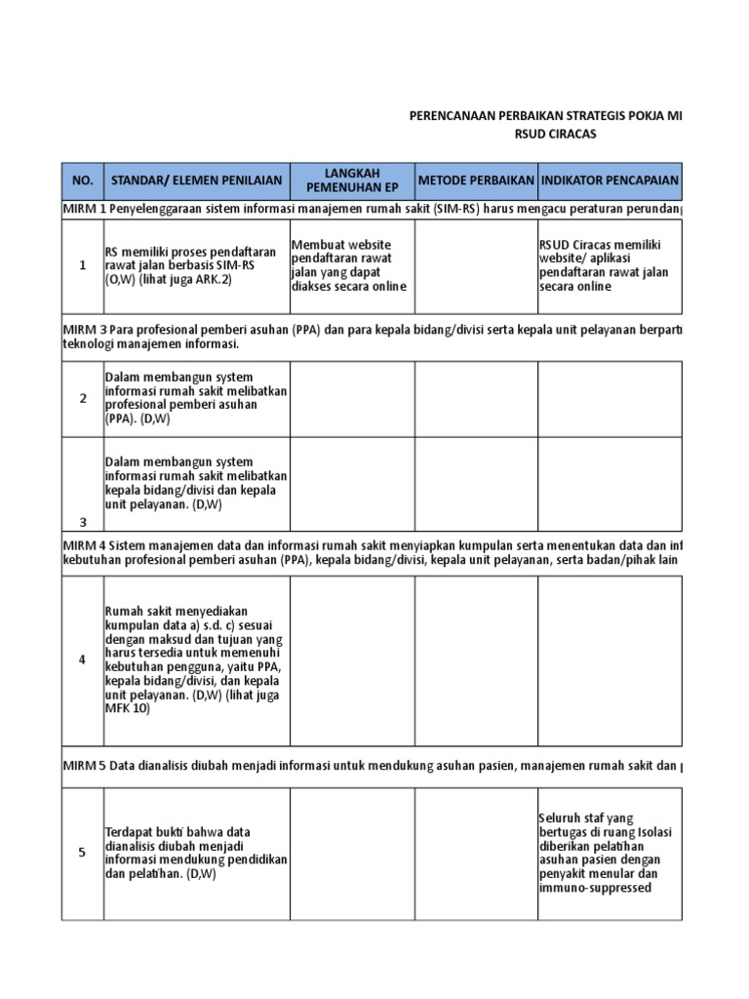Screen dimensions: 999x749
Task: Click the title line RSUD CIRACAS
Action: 554,134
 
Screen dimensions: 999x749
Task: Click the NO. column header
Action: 83,180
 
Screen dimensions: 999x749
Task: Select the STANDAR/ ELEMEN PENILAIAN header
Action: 196,180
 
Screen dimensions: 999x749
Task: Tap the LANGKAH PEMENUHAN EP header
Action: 352,180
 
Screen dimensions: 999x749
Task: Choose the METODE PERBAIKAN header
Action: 476,180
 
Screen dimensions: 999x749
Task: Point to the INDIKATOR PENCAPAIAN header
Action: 610,180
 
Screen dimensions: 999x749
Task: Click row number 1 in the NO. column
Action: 83,265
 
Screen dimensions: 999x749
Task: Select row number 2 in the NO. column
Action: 83,398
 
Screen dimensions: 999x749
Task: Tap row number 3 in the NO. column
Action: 83,522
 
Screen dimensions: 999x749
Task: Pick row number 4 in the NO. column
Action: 83,659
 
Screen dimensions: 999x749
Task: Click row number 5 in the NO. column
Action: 83,853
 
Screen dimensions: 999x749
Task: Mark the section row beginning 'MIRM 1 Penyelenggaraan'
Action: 372,209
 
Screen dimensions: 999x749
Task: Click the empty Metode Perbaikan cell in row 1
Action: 476,265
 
